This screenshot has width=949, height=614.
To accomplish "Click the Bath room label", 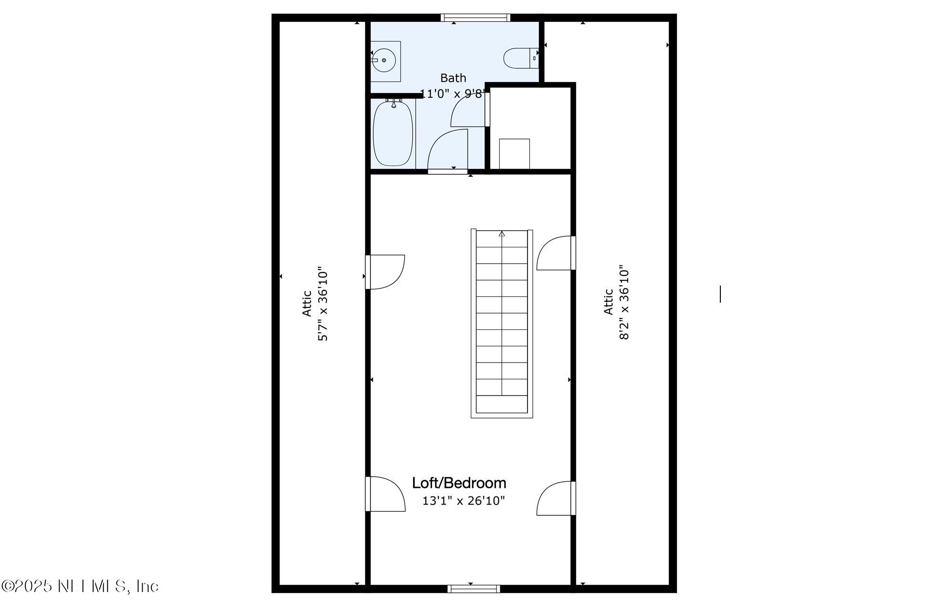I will (x=453, y=78).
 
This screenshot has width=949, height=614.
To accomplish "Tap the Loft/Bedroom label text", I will (x=459, y=483).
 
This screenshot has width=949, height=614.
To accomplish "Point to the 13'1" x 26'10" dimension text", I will (x=464, y=501).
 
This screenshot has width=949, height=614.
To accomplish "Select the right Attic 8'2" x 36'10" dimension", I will (x=624, y=302).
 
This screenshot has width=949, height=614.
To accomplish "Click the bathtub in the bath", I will (x=393, y=133).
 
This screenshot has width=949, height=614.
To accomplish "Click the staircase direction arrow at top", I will (x=502, y=233).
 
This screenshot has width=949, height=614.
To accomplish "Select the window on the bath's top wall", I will (x=475, y=18).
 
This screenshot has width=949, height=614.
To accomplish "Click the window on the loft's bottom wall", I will (x=474, y=589).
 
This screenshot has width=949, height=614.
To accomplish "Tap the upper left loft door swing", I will (x=386, y=272).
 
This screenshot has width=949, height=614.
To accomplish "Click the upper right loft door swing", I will (x=555, y=253).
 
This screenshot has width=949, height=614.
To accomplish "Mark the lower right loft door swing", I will (x=555, y=498).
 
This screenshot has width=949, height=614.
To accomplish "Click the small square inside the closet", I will (x=514, y=154).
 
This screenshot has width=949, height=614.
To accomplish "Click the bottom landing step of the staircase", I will (x=502, y=404).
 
